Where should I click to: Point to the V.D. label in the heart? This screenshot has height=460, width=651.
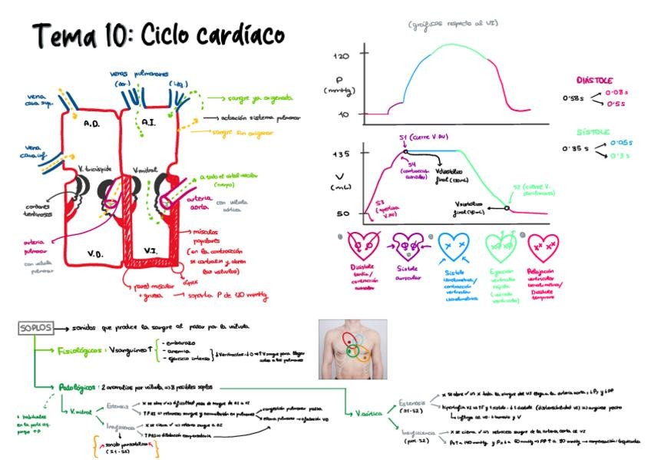(94, 253)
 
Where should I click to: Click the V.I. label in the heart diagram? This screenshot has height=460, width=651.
(150, 250)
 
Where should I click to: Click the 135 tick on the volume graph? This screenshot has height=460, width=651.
(341, 154)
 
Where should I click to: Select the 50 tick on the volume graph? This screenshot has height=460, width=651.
(342, 213)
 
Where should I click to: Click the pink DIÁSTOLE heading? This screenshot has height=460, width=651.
(593, 80)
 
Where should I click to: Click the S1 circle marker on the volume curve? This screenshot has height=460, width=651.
(405, 151)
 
